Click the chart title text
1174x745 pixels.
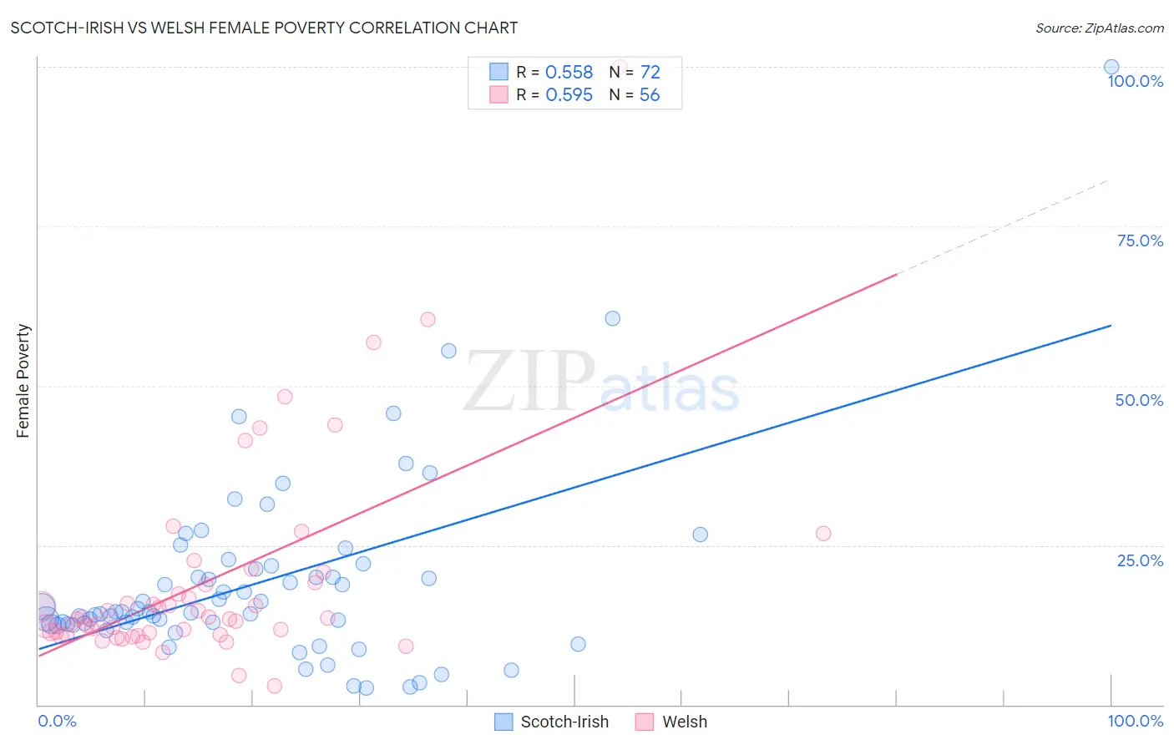click(x=264, y=28)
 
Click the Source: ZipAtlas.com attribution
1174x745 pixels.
click(x=1099, y=28)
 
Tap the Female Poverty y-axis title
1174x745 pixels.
click(x=23, y=381)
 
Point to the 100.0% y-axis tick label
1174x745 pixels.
click(x=1135, y=81)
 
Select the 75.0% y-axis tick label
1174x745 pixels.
click(x=1140, y=241)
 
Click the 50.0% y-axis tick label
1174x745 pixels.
click(x=1139, y=400)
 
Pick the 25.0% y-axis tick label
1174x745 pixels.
click(x=1140, y=560)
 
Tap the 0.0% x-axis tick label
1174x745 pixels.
click(x=57, y=721)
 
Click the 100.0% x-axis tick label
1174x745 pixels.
click(x=1135, y=721)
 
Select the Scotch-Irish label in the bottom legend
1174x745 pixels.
click(x=564, y=722)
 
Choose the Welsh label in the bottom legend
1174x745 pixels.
click(x=685, y=722)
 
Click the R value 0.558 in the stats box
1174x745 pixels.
click(x=569, y=73)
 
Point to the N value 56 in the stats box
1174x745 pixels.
click(x=650, y=95)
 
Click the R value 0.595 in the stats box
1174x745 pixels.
click(x=569, y=95)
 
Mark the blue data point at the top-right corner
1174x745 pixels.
click(x=1111, y=67)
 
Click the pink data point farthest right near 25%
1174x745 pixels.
click(x=823, y=534)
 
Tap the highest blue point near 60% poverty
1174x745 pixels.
click(x=612, y=318)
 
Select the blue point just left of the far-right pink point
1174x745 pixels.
click(x=700, y=535)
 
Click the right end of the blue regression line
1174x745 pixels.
click(x=1111, y=325)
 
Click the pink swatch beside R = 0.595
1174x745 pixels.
click(x=498, y=94)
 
